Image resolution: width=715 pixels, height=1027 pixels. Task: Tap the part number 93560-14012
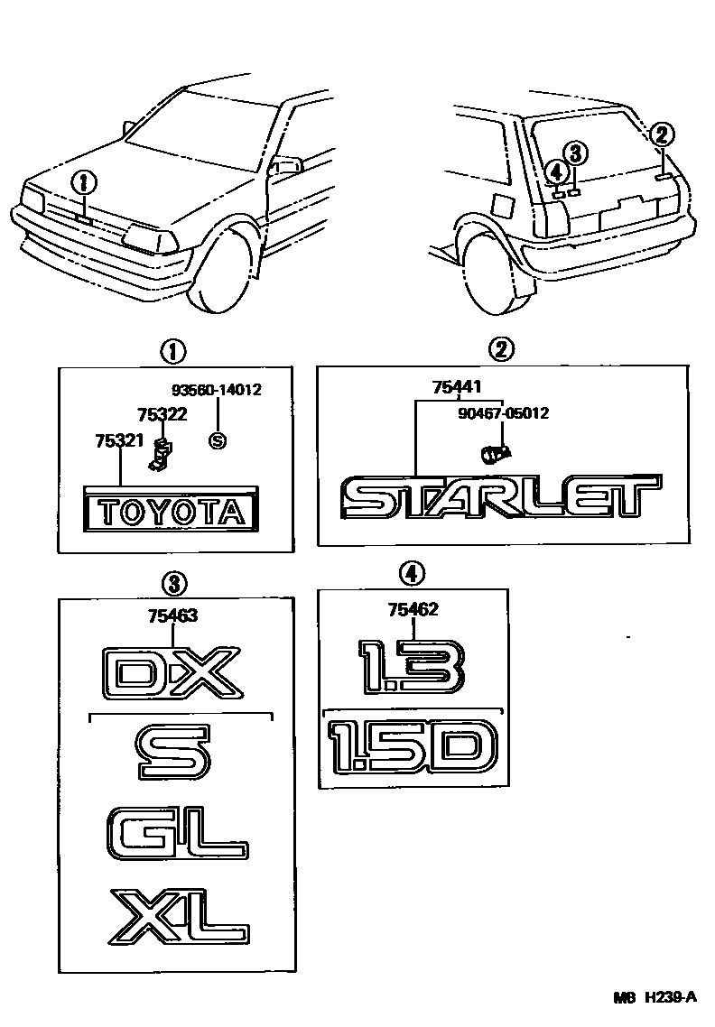tap(216, 390)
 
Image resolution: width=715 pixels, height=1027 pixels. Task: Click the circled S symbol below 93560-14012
tap(216, 440)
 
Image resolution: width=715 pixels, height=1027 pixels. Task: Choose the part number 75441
tap(457, 388)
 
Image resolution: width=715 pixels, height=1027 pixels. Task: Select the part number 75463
tap(172, 616)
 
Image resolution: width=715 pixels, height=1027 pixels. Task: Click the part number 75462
tap(413, 610)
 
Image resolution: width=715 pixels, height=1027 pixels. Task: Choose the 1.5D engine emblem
tap(412, 745)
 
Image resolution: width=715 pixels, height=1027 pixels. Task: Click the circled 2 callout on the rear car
tap(661, 134)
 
